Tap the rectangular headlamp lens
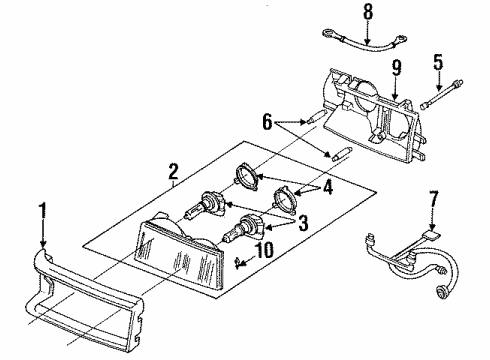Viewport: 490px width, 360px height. click(x=180, y=262)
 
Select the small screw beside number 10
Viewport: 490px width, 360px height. click(x=237, y=264)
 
